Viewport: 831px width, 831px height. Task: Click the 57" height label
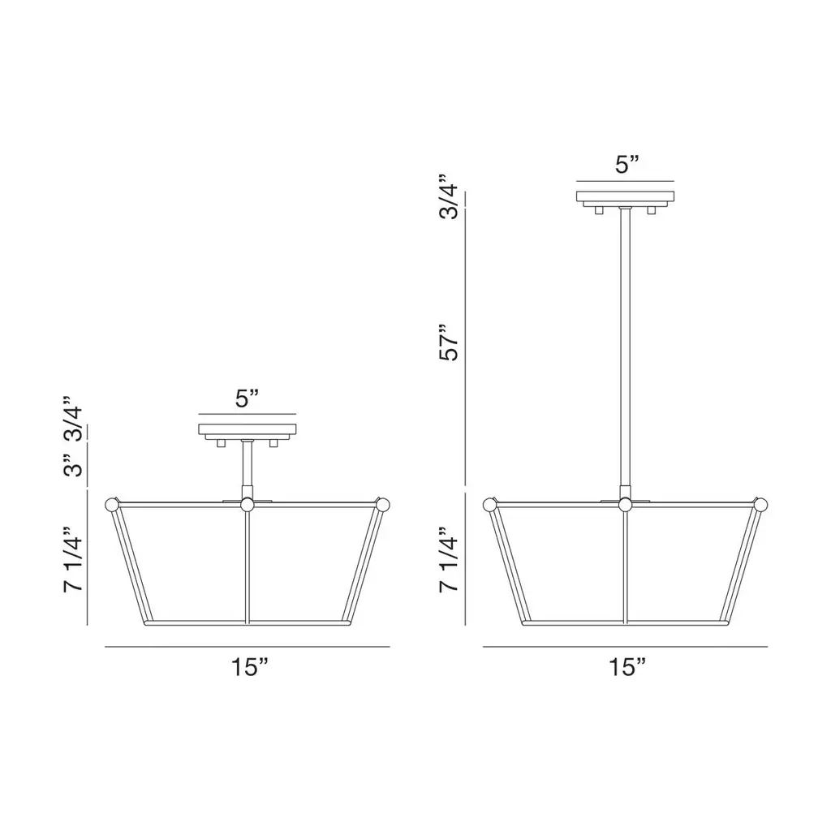[449, 343]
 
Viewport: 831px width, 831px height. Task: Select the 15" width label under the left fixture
[250, 667]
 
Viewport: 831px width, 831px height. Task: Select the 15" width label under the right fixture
[627, 667]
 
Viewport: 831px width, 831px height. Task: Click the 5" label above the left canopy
[247, 398]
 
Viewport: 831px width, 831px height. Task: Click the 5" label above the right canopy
[627, 165]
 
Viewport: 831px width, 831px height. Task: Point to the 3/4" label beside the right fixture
[449, 196]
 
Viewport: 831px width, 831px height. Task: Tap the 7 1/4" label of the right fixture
[449, 560]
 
